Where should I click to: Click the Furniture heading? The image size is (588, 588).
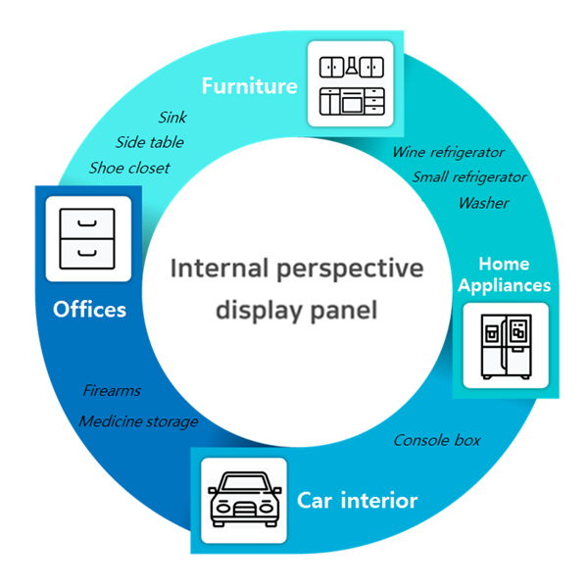coord(249,86)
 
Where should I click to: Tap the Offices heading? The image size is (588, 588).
coord(89,310)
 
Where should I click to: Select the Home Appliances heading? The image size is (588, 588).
coord(504,274)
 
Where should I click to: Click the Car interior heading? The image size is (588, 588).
coord(357,500)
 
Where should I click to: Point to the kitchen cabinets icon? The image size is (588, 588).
coord(352,85)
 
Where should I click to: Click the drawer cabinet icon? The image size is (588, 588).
coord(87,238)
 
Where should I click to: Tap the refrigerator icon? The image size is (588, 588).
coord(507,346)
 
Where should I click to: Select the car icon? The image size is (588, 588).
coord(244,499)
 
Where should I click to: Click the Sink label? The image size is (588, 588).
coord(172,118)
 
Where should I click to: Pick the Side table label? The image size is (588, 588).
coord(150,142)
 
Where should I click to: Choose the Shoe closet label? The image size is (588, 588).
coord(129,168)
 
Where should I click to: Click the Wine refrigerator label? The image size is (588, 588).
coord(449,152)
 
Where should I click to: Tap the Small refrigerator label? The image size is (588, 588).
coord(469,177)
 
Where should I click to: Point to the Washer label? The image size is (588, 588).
coord(484,203)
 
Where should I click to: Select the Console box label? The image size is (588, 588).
coord(437,440)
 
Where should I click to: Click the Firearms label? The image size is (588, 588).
coord(112,391)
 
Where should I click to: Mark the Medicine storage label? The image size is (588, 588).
coord(139,421)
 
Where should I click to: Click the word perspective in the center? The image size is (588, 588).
coord(350,269)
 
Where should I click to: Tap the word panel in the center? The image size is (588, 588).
coord(344,310)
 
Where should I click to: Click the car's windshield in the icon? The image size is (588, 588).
coord(245,482)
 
